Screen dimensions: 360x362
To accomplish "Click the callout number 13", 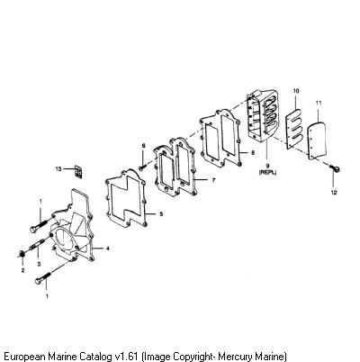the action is pos(58,169).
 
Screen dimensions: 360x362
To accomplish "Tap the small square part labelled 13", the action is pos(78,171).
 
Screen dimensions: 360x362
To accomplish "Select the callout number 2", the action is pos(22,270).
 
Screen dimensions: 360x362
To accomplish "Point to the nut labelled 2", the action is pos(22,254).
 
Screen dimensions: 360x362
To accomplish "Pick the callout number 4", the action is pos(107,249).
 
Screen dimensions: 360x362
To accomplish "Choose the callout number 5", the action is pos(161,214).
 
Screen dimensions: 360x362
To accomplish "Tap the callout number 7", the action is pos(213,180).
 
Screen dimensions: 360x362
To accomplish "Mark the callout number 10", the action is pos(296,91).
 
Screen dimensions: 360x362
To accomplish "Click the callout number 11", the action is pos(319,103).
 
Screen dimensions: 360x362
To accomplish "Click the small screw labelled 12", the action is pos(335,168).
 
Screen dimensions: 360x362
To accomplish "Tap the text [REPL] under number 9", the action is pos(268,172).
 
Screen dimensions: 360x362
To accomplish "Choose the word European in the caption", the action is pos(24,357).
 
